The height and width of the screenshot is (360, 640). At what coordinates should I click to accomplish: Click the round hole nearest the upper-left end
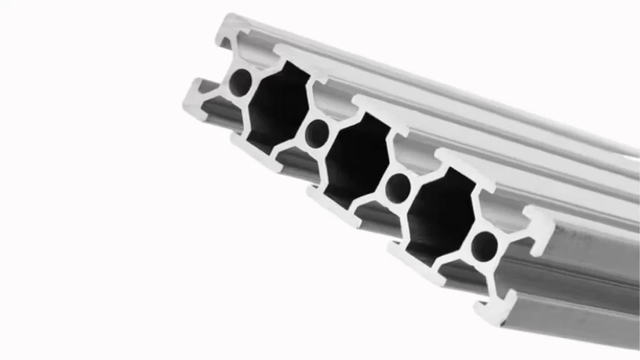coord(240,82)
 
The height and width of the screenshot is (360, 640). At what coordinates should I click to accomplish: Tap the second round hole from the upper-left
coord(317,132)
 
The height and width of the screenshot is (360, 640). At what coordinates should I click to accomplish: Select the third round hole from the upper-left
coord(398,186)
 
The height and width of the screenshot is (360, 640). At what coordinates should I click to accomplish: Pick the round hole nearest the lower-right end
coord(484,246)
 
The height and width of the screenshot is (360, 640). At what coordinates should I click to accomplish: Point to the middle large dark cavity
coord(357,159)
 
